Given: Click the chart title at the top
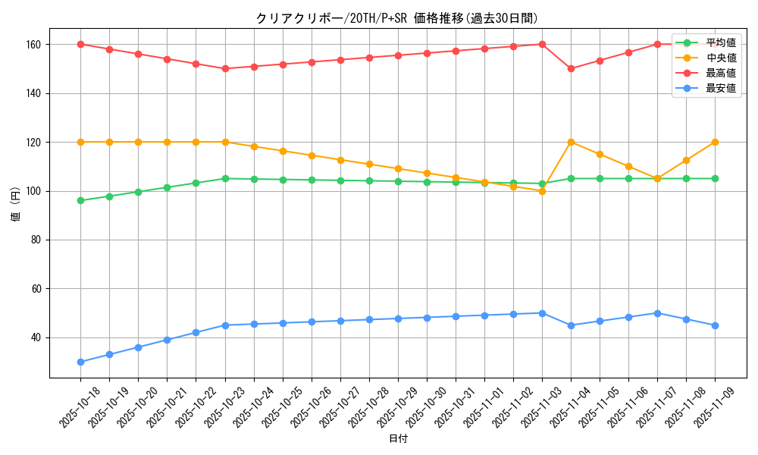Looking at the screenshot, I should point(397,18).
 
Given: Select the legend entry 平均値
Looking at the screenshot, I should point(720,43).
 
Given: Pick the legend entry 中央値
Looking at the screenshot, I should point(720,58).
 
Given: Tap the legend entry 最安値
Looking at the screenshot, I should point(720,88).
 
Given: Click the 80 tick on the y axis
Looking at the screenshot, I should point(38,240).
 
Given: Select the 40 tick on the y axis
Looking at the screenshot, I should point(38,337).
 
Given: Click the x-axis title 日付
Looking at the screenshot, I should point(398,439).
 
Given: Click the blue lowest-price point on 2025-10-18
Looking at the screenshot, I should point(80,362).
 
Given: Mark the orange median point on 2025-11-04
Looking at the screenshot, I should point(571,142).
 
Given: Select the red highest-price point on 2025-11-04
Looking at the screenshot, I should point(571,69).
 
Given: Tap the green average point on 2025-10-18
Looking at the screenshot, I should point(80,201).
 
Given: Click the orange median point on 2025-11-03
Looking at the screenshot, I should point(542,191).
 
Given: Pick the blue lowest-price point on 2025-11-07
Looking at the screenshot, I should point(657,313).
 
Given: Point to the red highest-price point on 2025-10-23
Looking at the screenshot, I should point(225,69).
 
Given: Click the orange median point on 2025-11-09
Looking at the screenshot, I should point(715,142).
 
